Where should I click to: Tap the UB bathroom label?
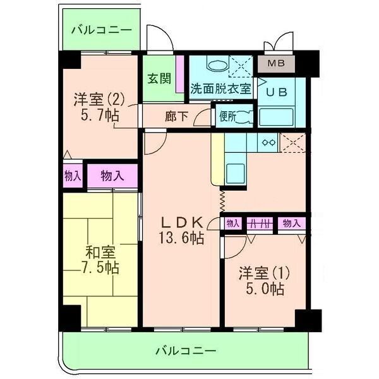coord(276,91)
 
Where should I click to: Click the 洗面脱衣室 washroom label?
coord(220,89)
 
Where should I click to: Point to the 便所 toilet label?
coord(228,116)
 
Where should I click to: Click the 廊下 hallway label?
coord(176,117)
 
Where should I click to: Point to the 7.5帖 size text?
coord(100,268)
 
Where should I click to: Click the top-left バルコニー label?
coord(101,30)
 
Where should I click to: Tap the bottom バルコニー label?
coord(186,349)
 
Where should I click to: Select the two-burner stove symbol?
coord(269,142)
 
